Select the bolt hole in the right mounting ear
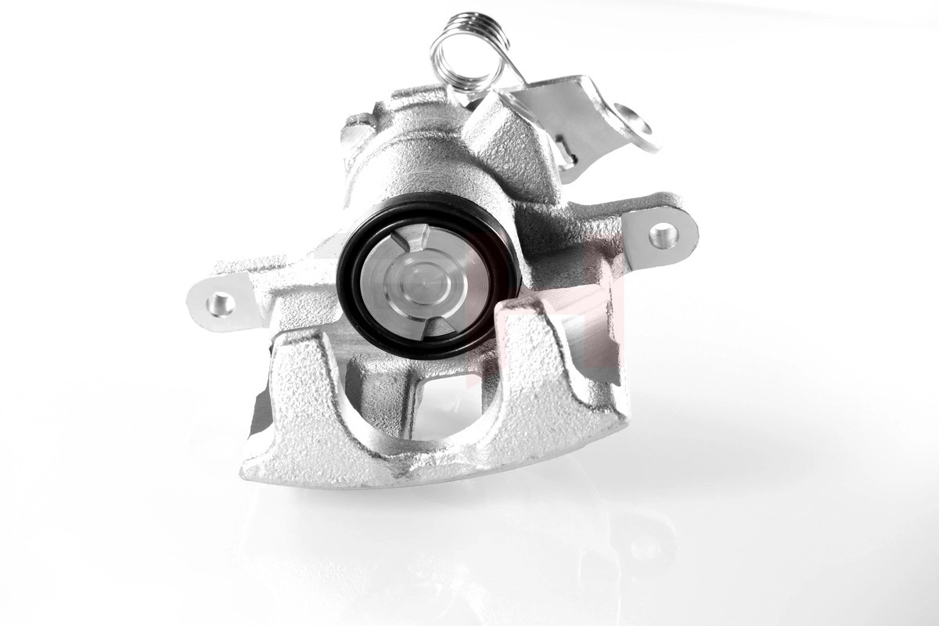662,234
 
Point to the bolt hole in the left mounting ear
221,303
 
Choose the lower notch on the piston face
436,322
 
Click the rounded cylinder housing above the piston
407,156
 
